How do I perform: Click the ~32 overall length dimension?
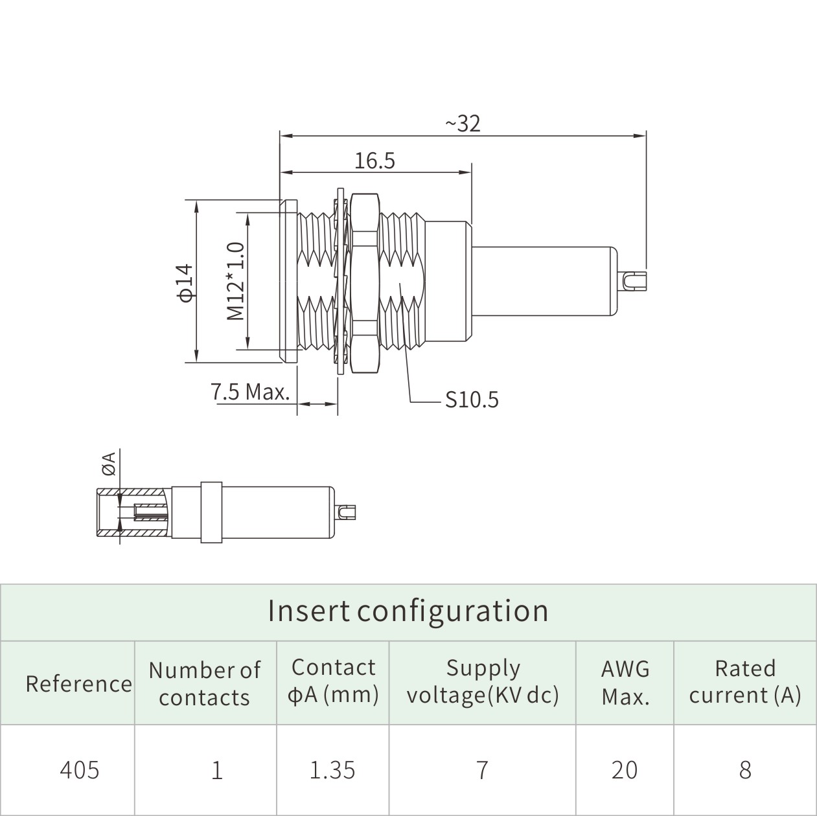point(463,123)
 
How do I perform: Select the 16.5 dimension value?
point(374,160)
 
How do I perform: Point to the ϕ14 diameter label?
point(185,282)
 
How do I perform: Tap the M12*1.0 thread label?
point(235,281)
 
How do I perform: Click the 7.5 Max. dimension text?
point(250,392)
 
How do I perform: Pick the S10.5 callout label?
point(472,400)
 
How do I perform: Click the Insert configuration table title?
point(408,611)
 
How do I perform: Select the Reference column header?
point(78,683)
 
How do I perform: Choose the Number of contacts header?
point(205,683)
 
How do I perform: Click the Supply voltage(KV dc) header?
point(482,681)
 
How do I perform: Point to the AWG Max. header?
point(625,683)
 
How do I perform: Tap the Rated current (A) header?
point(745,681)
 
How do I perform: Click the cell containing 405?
point(80,769)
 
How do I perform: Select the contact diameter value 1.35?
point(332,769)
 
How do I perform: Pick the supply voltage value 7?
point(481,769)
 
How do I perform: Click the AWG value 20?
point(625,769)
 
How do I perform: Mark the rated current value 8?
point(745,769)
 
